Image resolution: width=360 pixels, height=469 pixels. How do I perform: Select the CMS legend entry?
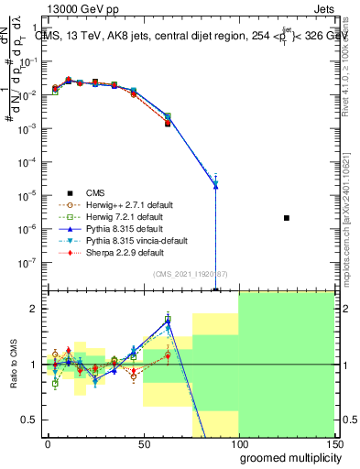coord(95,192)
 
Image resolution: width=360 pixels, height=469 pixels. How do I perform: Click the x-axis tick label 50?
coord(143,443)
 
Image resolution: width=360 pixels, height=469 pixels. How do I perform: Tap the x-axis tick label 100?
coord(238,443)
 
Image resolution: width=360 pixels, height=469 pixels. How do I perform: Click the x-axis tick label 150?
coord(333,443)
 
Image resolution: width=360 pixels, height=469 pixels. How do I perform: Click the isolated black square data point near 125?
coord(287,218)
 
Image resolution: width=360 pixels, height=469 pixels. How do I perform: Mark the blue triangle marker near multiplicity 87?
coord(215,185)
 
